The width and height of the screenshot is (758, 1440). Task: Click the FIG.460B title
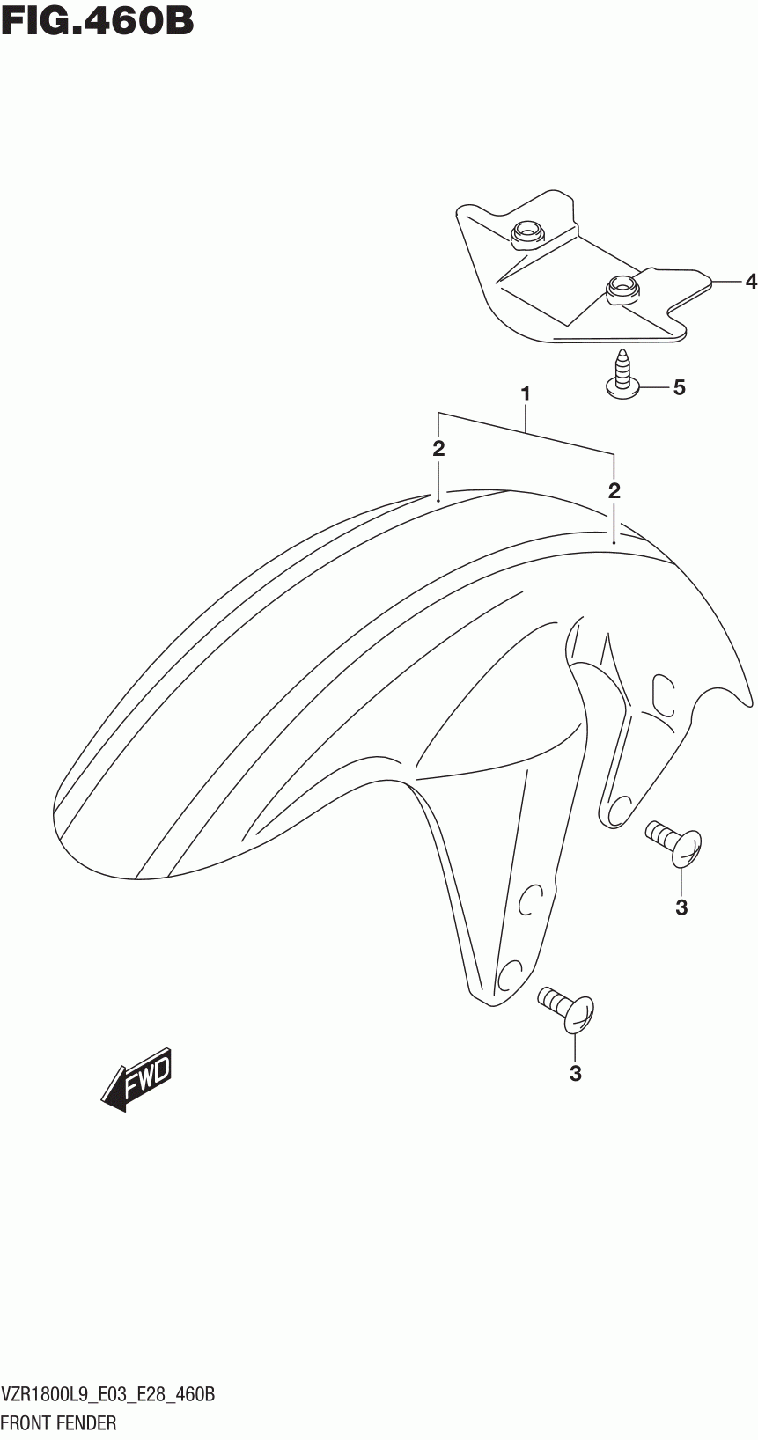(98, 20)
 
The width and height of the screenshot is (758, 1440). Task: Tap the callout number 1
(526, 395)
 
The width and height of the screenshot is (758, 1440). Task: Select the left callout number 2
(438, 449)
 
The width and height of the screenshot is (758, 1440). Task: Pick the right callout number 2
(614, 490)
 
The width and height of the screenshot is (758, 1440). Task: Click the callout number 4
(750, 282)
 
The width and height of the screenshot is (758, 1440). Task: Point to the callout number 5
(679, 387)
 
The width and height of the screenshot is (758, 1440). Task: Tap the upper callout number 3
(681, 907)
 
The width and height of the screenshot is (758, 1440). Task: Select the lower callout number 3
(576, 1073)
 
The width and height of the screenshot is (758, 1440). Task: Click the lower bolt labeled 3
(568, 1008)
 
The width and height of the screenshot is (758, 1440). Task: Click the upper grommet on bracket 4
(526, 232)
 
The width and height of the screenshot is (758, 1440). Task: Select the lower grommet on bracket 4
(622, 288)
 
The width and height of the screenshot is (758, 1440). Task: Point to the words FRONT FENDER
(59, 1422)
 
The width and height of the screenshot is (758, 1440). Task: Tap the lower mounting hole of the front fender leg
(510, 974)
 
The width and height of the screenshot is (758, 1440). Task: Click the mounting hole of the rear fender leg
(620, 806)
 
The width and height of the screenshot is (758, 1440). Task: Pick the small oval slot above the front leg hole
(528, 901)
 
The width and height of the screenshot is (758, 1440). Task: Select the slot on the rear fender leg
(662, 693)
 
